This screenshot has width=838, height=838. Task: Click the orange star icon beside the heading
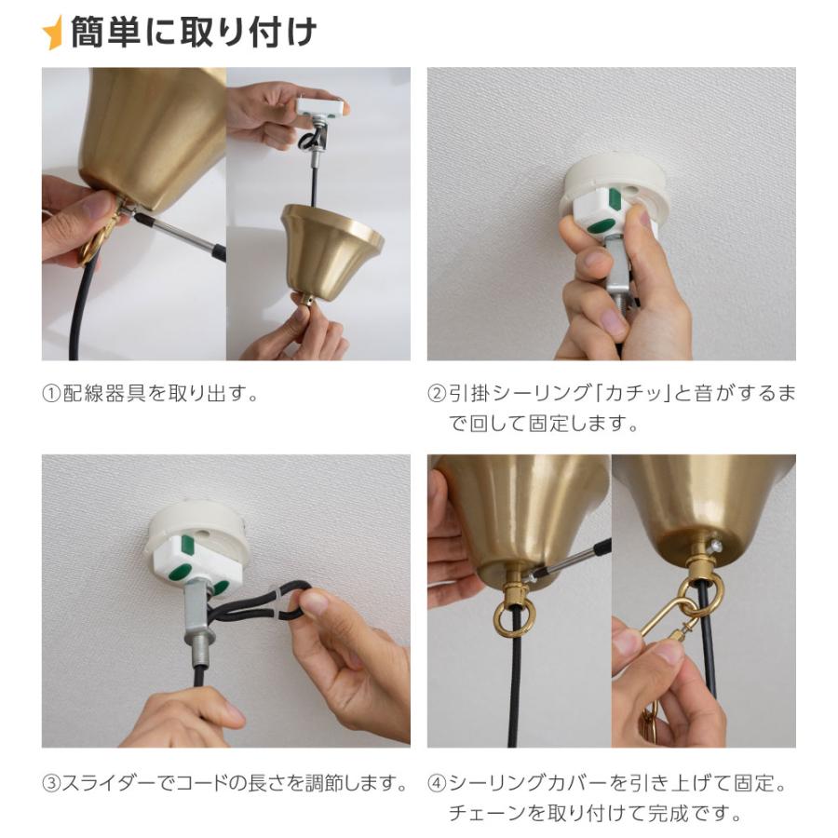pos(53,34)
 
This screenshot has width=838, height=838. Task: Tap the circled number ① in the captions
pos(52,393)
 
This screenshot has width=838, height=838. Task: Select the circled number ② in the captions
pos(438,393)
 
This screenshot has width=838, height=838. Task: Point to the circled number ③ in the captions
pos(52,784)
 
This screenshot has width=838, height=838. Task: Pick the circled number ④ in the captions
pos(438,784)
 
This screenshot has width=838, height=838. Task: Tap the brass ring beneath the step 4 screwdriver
pos(512,618)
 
